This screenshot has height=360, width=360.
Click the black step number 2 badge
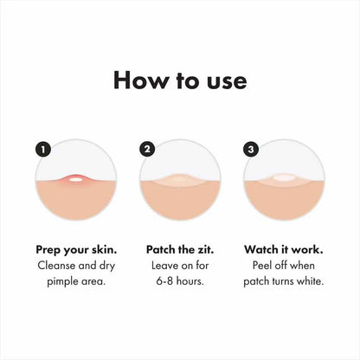coord(146,149)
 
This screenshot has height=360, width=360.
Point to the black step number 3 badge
coord(252,149)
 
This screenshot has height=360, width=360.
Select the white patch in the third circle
coord(285,178)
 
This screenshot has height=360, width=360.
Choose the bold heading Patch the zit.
coord(179,248)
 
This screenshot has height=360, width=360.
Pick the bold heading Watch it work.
coord(285,248)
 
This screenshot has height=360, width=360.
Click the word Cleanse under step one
coord(54,266)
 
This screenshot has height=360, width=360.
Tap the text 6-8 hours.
coord(179,283)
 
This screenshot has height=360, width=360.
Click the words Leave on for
coord(179,266)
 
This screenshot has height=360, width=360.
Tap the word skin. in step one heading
coord(105,248)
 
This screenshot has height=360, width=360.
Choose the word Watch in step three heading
coord(263,248)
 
